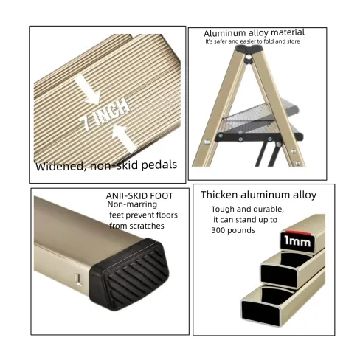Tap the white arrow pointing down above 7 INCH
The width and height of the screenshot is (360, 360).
pyautogui.click(x=88, y=89)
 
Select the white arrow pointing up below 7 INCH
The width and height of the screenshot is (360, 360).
pyautogui.click(x=124, y=138)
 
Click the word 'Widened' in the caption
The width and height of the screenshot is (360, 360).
pyautogui.click(x=60, y=166)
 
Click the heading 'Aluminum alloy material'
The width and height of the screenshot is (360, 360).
pyautogui.click(x=254, y=32)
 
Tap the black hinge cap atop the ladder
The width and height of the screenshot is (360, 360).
pyautogui.click(x=249, y=54)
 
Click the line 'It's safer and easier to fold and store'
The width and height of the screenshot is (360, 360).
pyautogui.click(x=252, y=41)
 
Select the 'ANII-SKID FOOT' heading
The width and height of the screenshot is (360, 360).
pyautogui.click(x=139, y=196)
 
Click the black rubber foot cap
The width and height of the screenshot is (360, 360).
pyautogui.click(x=130, y=273)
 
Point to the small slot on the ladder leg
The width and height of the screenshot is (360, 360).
pyautogui.click(x=78, y=280)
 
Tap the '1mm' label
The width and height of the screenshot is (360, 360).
pyautogui.click(x=298, y=242)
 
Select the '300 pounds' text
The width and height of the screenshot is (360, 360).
pyautogui.click(x=233, y=230)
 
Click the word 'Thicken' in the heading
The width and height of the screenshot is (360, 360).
pyautogui.click(x=219, y=195)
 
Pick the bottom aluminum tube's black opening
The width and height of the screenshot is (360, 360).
pyautogui.click(x=262, y=307)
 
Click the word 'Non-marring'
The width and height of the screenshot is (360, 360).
pyautogui.click(x=132, y=204)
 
